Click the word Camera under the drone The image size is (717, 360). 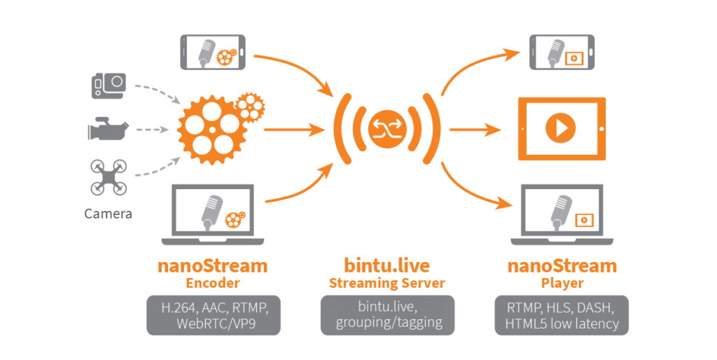coord(108,214)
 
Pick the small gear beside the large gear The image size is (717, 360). coord(249,106)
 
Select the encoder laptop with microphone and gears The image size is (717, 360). coord(214,214)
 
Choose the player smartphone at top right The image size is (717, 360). coord(561,53)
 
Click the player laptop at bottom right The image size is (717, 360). coord(562,215)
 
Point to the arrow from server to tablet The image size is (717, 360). coord(475,130)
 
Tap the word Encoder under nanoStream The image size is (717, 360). coord(214,283)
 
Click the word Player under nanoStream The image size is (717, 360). coord(562,283)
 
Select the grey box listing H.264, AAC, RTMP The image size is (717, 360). coord(214,314)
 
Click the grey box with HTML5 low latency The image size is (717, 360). coord(562,314)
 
